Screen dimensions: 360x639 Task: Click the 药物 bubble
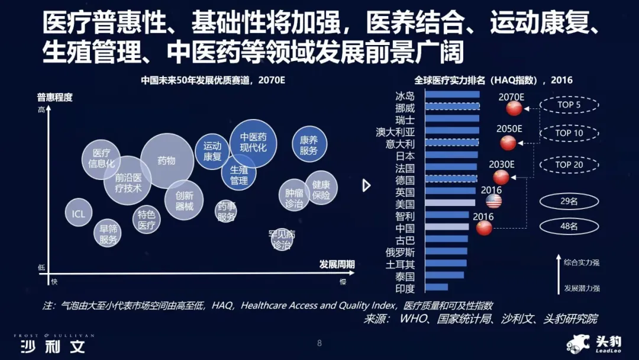[167, 160]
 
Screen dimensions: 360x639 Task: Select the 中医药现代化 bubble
[253, 143]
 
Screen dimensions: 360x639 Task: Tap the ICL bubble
[78, 213]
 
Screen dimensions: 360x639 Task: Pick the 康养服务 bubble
[309, 145]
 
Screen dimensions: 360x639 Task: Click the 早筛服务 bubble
[108, 233]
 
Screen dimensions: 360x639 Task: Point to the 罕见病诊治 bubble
[282, 239]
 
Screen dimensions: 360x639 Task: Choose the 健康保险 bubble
[321, 189]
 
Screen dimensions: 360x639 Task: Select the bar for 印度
[437, 287]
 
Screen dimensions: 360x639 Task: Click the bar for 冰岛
[453, 94]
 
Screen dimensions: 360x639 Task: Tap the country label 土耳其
[400, 264]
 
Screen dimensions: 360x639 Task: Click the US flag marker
[493, 201]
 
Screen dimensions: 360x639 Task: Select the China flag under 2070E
[514, 108]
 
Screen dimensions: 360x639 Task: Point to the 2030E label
[502, 164]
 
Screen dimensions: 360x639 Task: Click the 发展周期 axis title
[337, 264]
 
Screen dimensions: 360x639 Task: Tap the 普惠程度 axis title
[54, 97]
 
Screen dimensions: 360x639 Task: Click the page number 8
[319, 343]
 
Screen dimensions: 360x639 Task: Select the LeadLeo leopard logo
[577, 343]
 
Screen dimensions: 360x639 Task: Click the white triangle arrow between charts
[366, 185]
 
